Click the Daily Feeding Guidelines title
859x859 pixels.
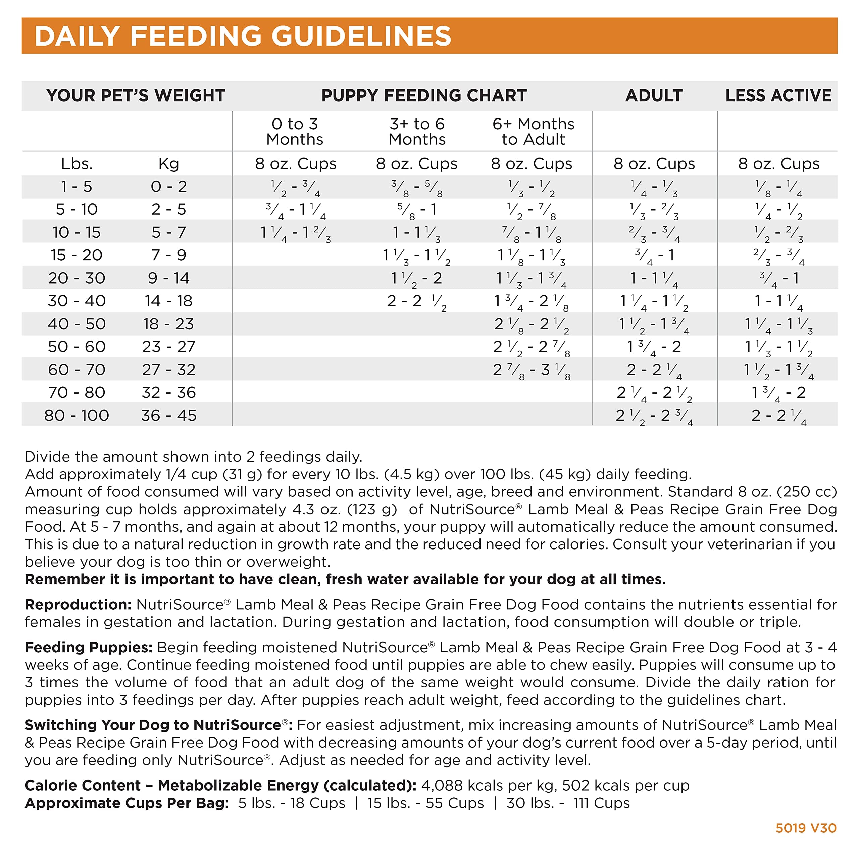tap(243, 36)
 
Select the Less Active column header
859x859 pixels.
tap(778, 96)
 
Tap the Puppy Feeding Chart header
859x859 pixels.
tap(424, 96)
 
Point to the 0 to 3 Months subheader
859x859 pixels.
tap(295, 132)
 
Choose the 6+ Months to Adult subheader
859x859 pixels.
tap(533, 132)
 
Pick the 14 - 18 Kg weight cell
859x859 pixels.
tap(168, 301)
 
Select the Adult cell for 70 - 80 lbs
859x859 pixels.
tap(654, 393)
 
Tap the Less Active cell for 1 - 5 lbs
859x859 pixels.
tap(778, 187)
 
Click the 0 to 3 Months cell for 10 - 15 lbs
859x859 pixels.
tap(295, 233)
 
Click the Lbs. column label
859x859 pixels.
tap(77, 164)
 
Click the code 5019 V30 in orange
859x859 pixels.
tap(806, 828)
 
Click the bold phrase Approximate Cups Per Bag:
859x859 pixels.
tap(127, 803)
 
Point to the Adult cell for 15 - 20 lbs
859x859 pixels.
tap(654, 255)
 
